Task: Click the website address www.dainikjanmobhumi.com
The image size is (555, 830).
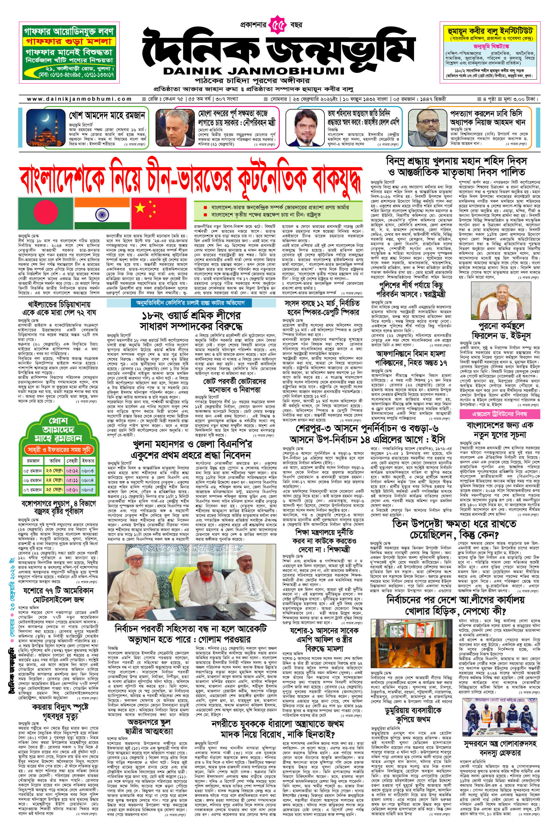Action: pyautogui.click(x=80, y=99)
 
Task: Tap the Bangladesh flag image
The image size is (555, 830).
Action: pyautogui.click(x=45, y=213)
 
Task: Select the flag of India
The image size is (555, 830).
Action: pyautogui.click(x=102, y=213)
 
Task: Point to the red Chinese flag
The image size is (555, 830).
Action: pyautogui.click(x=159, y=213)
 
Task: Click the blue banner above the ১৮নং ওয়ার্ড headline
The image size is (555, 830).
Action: pyautogui.click(x=191, y=303)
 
